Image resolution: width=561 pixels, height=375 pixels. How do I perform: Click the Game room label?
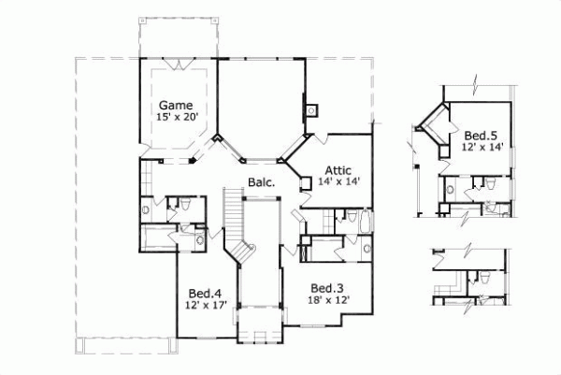(175, 105)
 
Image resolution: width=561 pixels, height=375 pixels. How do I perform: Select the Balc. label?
(261, 182)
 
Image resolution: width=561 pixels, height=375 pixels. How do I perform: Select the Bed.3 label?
(325, 287)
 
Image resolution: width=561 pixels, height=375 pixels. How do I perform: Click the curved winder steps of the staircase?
(244, 251)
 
